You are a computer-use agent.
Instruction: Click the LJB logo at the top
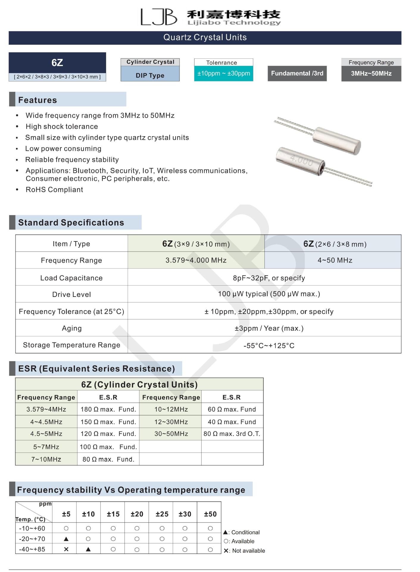tap(159, 17)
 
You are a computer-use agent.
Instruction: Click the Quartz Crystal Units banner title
tap(205, 38)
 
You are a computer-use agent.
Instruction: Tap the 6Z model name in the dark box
tap(57, 63)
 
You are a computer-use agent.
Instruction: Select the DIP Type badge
tap(150, 75)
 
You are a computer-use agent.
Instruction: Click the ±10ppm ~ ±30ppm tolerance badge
tap(224, 73)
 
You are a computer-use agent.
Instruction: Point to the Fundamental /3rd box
tap(297, 73)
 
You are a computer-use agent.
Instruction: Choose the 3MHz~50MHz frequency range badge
tap(371, 73)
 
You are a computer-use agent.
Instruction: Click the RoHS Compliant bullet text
tap(54, 190)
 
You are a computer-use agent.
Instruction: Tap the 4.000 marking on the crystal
tap(302, 161)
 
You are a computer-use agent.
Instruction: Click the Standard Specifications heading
tap(71, 223)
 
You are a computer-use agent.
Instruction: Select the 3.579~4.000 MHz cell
tap(196, 260)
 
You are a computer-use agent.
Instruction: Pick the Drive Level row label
tap(71, 294)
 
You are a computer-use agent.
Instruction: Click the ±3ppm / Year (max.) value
tap(269, 328)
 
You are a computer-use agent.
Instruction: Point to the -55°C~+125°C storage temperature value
tap(269, 345)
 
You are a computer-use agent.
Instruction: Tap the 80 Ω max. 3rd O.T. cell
tap(232, 434)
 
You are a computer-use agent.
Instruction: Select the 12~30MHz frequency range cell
tap(171, 422)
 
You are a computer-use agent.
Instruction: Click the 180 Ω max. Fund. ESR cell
tap(108, 409)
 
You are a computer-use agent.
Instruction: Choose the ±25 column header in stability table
tap(162, 514)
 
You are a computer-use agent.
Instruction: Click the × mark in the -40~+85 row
tap(66, 549)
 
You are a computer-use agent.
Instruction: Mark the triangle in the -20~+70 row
tap(66, 539)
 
